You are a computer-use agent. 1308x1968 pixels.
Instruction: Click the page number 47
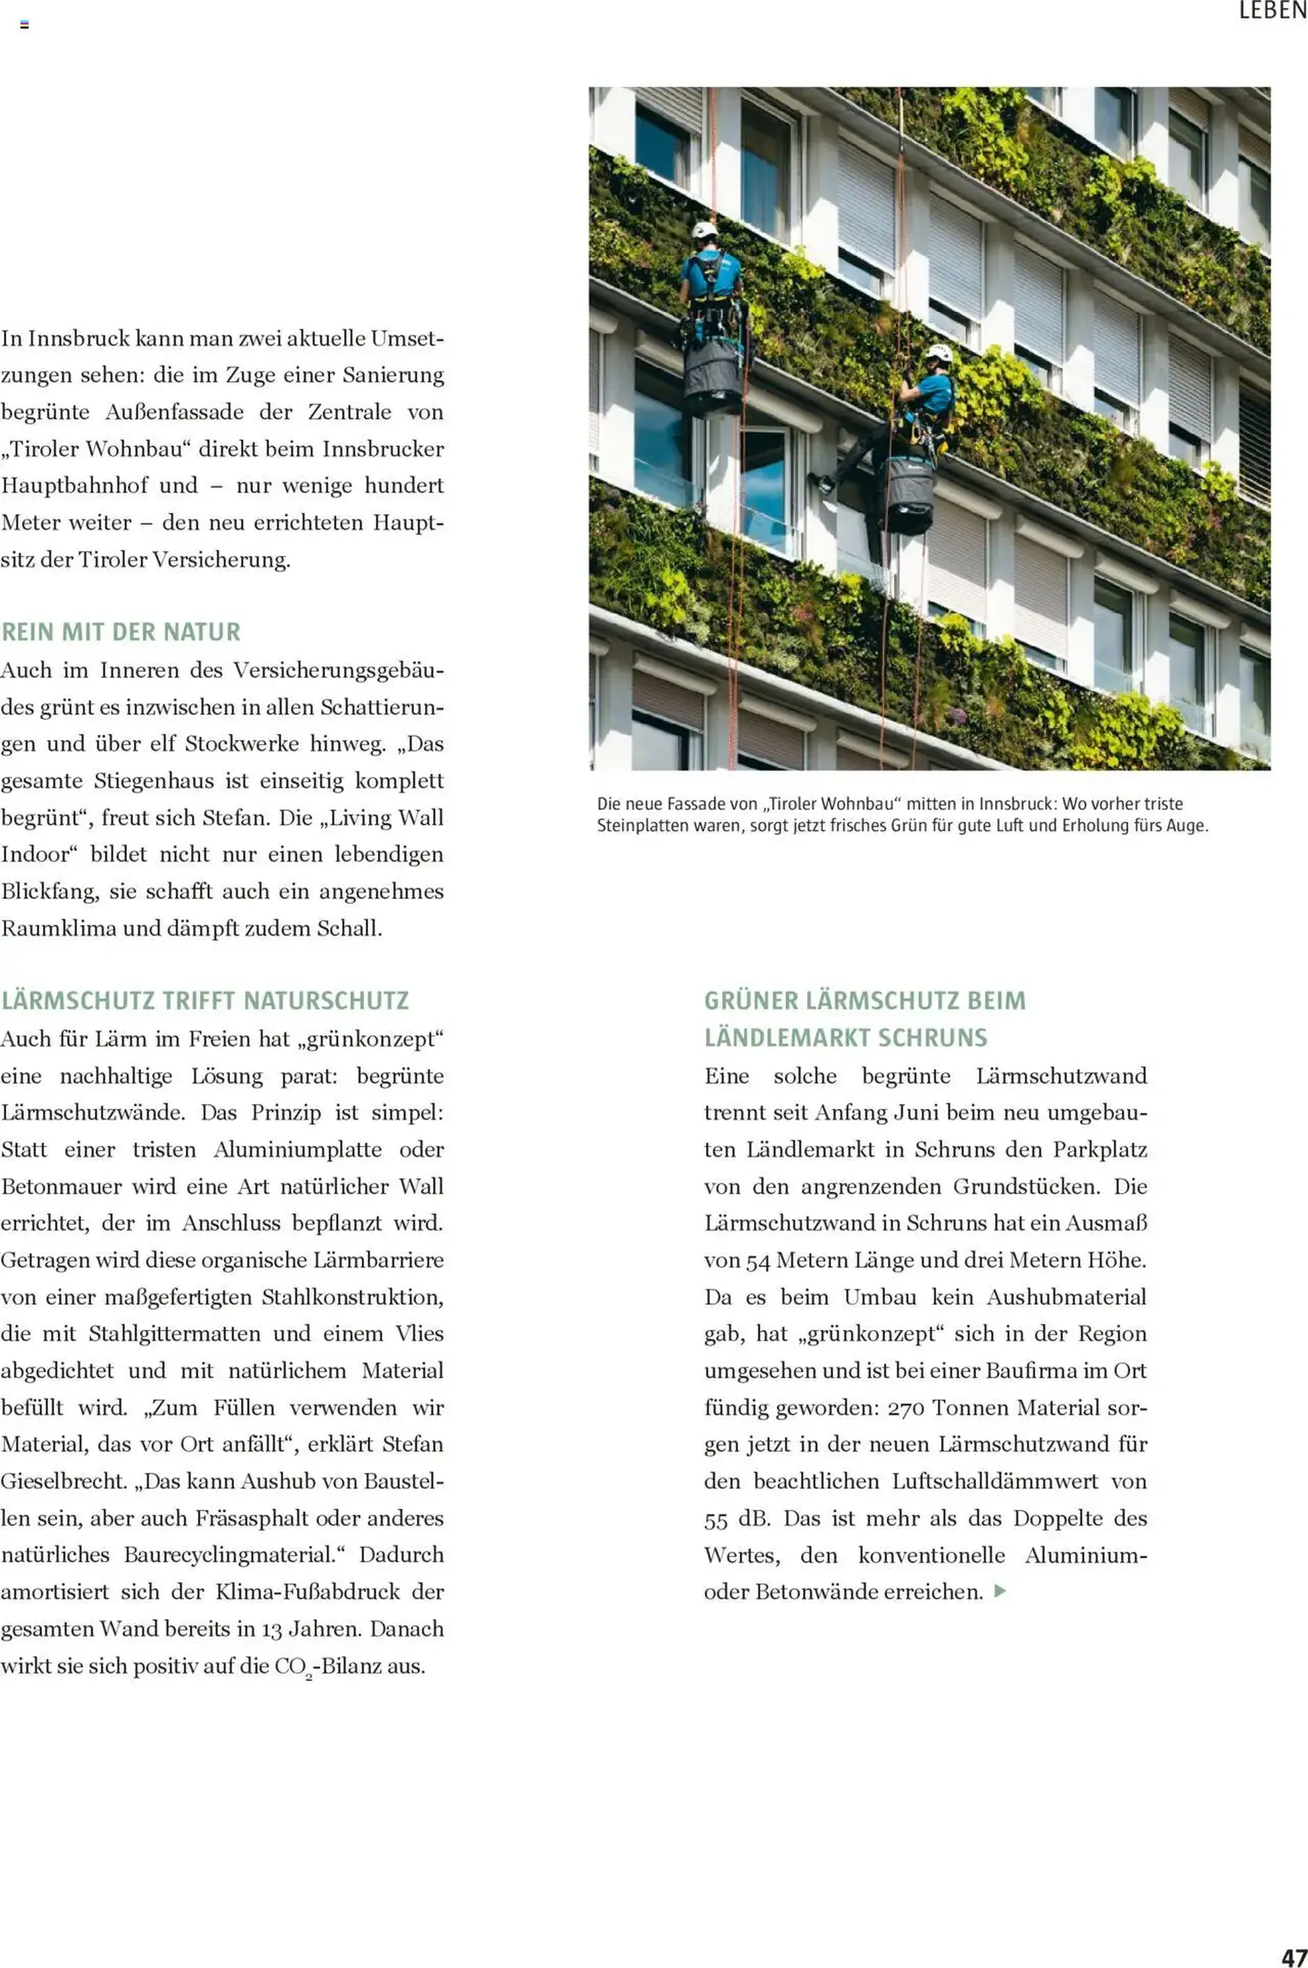click(1293, 1951)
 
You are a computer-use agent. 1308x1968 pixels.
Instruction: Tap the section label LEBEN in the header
click(1272, 11)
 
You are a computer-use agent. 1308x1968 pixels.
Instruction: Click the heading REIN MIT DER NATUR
click(121, 631)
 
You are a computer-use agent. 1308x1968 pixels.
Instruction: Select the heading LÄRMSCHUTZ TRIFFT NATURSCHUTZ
click(204, 1000)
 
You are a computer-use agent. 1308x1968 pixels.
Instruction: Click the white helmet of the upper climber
click(705, 230)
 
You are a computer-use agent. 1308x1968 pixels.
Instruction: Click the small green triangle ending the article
click(1001, 1591)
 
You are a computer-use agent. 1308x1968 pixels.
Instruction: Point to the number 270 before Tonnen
click(905, 1407)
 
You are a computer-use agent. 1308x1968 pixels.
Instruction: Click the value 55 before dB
click(716, 1519)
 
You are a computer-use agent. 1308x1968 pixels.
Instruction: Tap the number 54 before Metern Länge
click(757, 1260)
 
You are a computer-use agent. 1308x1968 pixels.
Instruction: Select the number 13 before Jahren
click(272, 1628)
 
